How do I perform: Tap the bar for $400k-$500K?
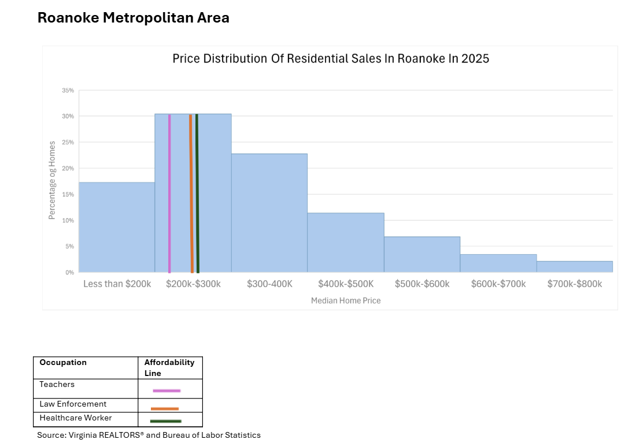click(345, 243)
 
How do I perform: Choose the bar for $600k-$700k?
click(498, 263)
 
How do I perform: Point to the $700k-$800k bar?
click(574, 267)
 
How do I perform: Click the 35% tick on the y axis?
click(68, 91)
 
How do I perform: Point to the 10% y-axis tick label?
click(68, 221)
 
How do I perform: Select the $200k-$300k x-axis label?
click(193, 284)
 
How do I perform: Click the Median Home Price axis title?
click(346, 301)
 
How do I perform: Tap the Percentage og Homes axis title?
click(52, 180)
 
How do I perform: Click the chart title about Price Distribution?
click(331, 59)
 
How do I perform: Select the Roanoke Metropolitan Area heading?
click(134, 18)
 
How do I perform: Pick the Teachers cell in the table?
click(57, 384)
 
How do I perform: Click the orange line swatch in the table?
click(165, 408)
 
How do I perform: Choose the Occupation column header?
click(63, 363)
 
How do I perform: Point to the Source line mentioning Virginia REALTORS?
click(149, 435)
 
